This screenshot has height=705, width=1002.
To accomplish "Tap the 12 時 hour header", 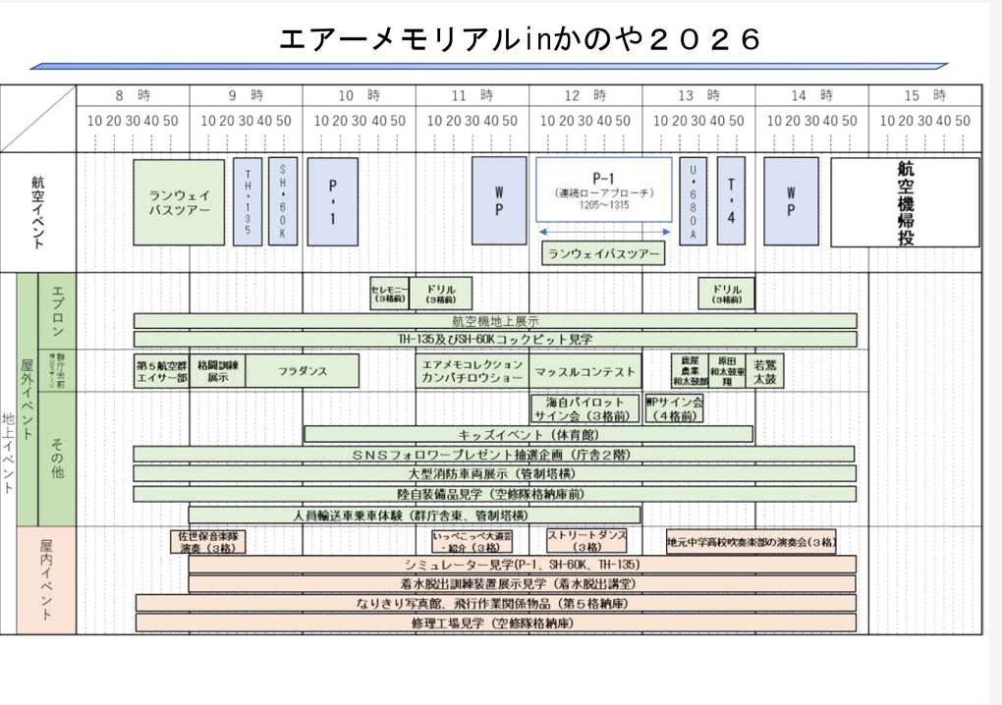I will point(585,95).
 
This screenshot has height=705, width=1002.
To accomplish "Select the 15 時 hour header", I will point(925,95).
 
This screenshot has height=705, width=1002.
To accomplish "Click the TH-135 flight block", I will point(247,201).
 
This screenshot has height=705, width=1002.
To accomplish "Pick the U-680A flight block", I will point(693,201).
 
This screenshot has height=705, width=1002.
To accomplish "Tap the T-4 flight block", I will point(730,201).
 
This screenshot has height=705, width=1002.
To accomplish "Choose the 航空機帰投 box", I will point(905,202).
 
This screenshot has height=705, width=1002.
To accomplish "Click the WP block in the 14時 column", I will point(791,201).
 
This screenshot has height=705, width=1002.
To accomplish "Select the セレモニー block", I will point(388,294).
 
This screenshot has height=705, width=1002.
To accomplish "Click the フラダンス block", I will point(302,371).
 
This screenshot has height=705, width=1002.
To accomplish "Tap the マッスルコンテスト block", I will point(585,371).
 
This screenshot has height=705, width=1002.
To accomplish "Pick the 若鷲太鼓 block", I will point(765,371).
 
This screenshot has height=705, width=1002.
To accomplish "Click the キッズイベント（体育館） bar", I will point(529,434).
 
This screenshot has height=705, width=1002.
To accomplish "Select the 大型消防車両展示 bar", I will point(494,473).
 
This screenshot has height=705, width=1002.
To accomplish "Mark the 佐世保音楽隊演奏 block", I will point(208,542).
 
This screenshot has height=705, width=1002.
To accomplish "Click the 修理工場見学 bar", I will point(494,623).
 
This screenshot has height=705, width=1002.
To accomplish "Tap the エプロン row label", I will point(56,310).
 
